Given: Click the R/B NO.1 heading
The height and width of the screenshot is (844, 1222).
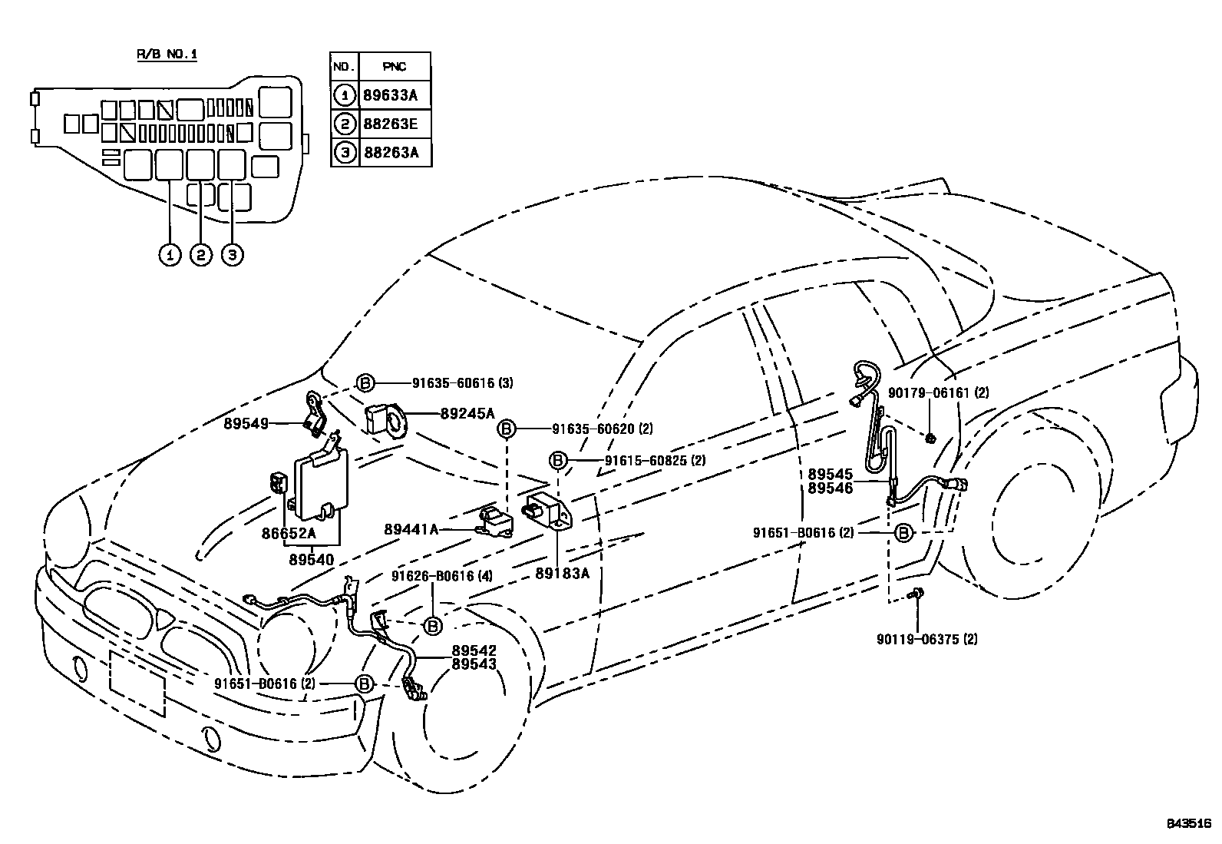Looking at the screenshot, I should pyautogui.click(x=167, y=55).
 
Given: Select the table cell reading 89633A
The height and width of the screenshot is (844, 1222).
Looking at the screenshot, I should pyautogui.click(x=395, y=96).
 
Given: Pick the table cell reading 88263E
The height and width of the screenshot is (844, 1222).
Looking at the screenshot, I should pyautogui.click(x=395, y=124).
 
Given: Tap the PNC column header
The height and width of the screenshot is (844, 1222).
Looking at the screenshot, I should pyautogui.click(x=395, y=67).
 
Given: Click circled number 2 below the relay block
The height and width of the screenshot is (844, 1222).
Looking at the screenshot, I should pyautogui.click(x=200, y=254).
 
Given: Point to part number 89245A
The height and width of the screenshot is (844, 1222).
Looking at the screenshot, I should pyautogui.click(x=467, y=413).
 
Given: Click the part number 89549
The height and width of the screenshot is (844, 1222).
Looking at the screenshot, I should pyautogui.click(x=246, y=422).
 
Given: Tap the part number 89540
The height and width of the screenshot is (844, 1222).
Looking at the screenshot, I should pyautogui.click(x=312, y=560).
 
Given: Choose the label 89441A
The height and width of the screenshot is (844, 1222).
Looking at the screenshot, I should pyautogui.click(x=411, y=529).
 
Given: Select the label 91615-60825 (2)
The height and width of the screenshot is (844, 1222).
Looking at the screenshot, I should pyautogui.click(x=655, y=461).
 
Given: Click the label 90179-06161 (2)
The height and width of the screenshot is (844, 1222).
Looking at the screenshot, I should pyautogui.click(x=938, y=393).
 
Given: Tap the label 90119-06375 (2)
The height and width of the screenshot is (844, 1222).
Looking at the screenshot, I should pyautogui.click(x=927, y=639).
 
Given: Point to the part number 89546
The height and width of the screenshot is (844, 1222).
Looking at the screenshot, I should pyautogui.click(x=830, y=488).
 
